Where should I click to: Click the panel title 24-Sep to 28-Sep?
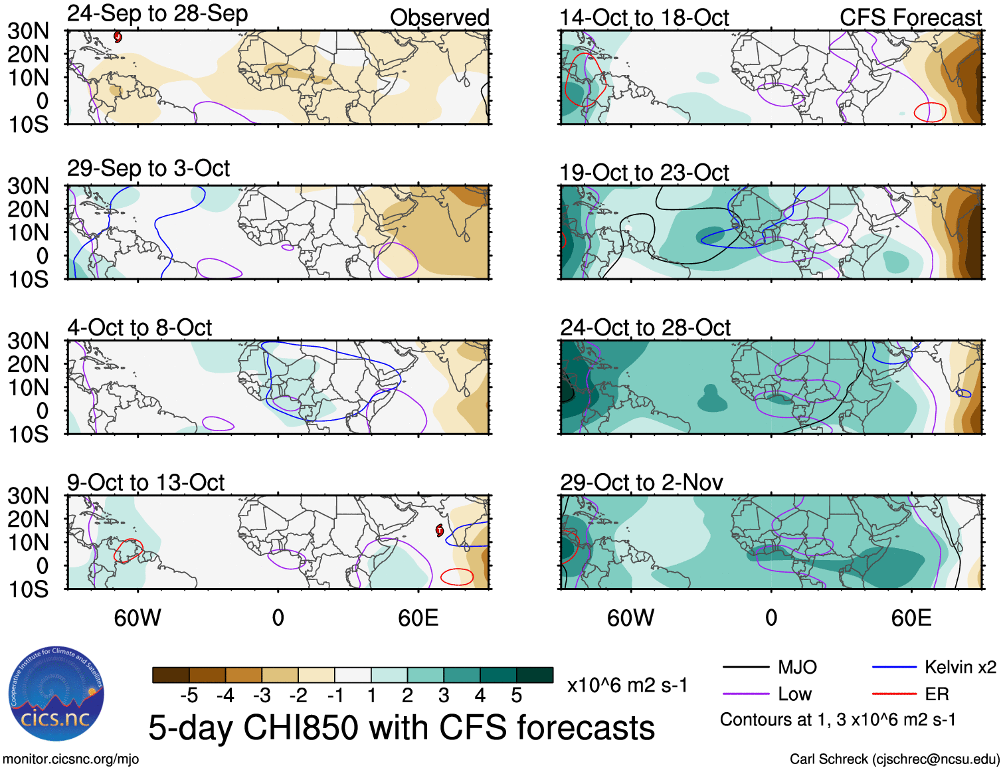[x=157, y=14]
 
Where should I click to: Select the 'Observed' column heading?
[x=439, y=18]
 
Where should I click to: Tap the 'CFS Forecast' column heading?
[x=910, y=18]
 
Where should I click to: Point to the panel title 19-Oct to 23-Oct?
[x=644, y=173]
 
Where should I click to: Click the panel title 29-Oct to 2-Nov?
[x=641, y=482]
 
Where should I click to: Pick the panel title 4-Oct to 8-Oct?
[x=139, y=328]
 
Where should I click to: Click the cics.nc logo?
[x=56, y=694]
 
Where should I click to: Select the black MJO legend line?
[x=745, y=667]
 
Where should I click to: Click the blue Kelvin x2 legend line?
[x=894, y=667]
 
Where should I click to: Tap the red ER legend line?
[x=894, y=694]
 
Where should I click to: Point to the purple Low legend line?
[x=745, y=694]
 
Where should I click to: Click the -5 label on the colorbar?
[x=189, y=696]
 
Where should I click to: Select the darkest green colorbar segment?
[x=535, y=675]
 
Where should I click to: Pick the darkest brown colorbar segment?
[x=171, y=675]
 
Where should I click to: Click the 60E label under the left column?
[x=418, y=619]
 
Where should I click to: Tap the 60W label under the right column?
[x=630, y=619]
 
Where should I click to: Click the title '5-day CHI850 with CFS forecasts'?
[x=401, y=727]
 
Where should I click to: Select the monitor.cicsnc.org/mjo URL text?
[x=70, y=759]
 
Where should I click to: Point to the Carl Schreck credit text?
[x=894, y=759]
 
